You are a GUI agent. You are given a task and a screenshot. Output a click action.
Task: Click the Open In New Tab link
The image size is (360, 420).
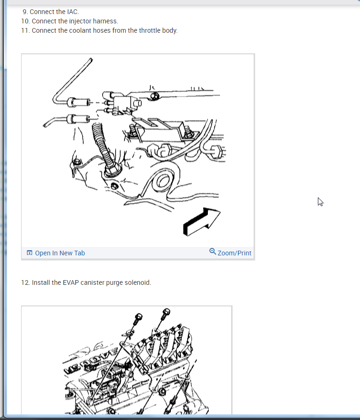pos(60,253)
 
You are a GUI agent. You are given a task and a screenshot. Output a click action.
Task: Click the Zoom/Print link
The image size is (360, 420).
pos(234,253)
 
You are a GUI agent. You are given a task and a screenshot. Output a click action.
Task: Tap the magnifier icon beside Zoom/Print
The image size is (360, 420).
pos(213,252)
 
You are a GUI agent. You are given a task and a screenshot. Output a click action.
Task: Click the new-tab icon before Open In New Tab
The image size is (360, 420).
pos(29,253)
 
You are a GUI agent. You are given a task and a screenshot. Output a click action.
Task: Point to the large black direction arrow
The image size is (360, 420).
pos(202,222)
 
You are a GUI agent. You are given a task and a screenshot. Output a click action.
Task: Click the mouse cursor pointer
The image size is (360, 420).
pos(320,202)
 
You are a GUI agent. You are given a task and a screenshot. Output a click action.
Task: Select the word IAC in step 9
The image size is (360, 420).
pos(73,12)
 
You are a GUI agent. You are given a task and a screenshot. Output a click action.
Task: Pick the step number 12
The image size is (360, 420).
pos(25,282)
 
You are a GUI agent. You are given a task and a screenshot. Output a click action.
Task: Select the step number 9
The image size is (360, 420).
pos(25,12)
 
